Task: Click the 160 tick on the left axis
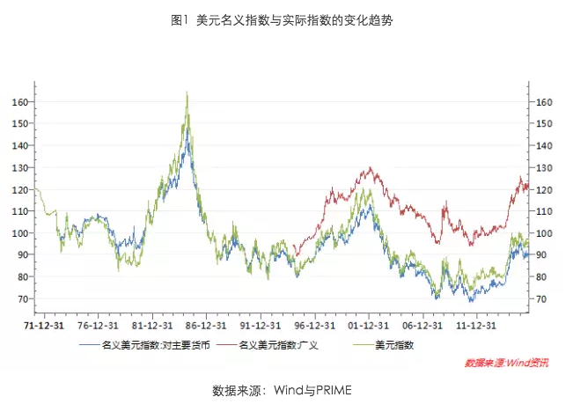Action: (18, 102)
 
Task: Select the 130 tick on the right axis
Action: (546, 168)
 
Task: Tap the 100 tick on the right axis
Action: (546, 233)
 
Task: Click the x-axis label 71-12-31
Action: (43, 324)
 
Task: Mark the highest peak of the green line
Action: (187, 92)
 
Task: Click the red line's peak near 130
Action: (371, 167)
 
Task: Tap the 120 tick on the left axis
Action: (18, 189)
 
